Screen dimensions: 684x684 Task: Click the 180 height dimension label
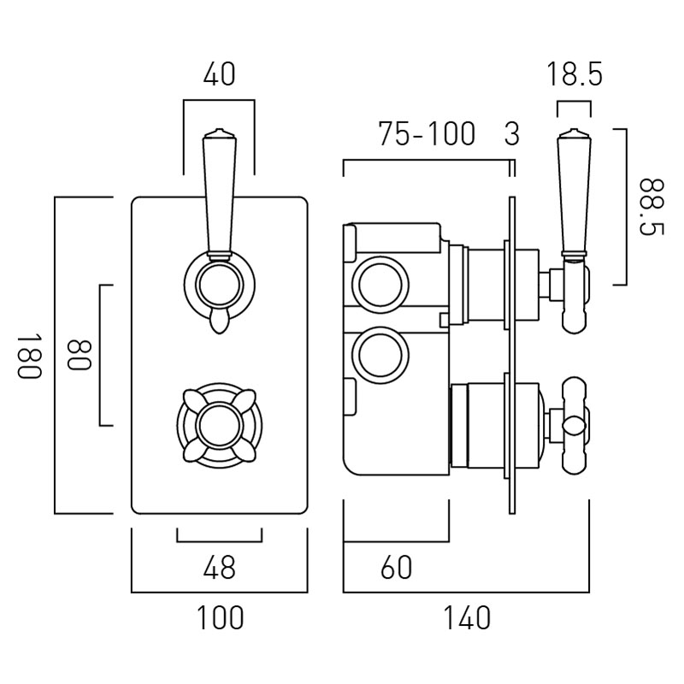click(x=28, y=356)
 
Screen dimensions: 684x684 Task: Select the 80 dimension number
click(x=78, y=356)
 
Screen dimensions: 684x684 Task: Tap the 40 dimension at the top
click(x=219, y=75)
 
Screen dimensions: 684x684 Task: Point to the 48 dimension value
click(x=219, y=567)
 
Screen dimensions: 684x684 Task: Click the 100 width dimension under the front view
click(x=219, y=617)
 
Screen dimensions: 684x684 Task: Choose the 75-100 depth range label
click(x=427, y=134)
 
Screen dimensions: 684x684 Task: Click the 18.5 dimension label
click(x=575, y=75)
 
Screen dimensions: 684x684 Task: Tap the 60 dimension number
click(x=395, y=567)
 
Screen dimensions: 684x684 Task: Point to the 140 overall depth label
click(x=467, y=617)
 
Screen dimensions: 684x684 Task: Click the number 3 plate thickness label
click(x=511, y=134)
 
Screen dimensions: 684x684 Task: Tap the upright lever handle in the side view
click(x=573, y=192)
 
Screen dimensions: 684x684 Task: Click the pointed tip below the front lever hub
click(x=219, y=322)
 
